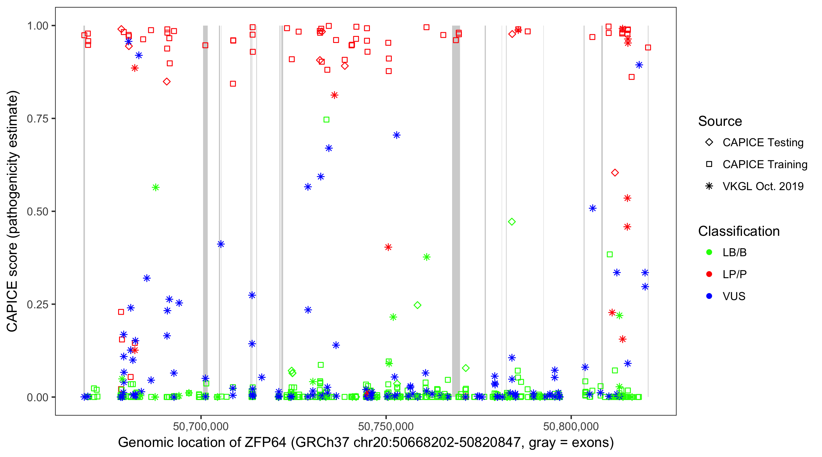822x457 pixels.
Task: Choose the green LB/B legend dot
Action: (709, 252)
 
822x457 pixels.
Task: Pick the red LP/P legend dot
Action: (709, 274)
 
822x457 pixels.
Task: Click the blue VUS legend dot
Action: (709, 296)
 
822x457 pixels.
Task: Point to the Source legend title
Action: (720, 121)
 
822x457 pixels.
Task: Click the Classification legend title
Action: (739, 231)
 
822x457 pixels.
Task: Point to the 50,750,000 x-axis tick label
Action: (386, 426)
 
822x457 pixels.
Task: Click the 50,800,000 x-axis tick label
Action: (571, 426)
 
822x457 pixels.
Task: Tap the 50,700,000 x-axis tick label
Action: (201, 426)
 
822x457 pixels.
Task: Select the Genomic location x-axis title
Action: (366, 443)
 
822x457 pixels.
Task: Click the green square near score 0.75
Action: (326, 120)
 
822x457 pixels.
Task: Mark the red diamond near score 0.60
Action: (615, 173)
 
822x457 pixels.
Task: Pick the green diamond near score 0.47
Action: (512, 221)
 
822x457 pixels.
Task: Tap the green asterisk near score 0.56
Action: (155, 187)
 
